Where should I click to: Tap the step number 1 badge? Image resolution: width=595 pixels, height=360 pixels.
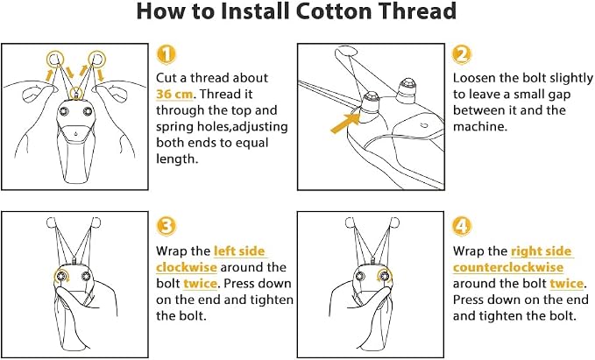166,54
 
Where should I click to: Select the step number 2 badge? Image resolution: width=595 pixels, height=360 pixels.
462,54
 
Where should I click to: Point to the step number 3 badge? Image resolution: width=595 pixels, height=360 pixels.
166,227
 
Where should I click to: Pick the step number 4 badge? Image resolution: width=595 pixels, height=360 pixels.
462,227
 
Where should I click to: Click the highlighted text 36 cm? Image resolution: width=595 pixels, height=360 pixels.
174,94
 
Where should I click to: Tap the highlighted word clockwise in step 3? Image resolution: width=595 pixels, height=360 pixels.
187,267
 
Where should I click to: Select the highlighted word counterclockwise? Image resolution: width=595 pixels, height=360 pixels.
508,267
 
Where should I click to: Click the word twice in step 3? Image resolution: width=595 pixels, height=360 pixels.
200,284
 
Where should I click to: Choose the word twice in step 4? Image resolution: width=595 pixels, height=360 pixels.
567,284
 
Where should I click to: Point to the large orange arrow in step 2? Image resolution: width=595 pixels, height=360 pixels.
345,124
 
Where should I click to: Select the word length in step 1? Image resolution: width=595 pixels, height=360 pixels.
175,159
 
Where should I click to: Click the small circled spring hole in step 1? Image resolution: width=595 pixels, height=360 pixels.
76,92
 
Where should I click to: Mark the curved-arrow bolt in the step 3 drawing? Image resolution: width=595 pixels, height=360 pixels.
62,276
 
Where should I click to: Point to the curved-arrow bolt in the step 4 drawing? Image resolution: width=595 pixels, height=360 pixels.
385,276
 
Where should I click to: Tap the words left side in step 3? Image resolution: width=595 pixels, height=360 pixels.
239,251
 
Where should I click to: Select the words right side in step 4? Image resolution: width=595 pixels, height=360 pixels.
542,251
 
